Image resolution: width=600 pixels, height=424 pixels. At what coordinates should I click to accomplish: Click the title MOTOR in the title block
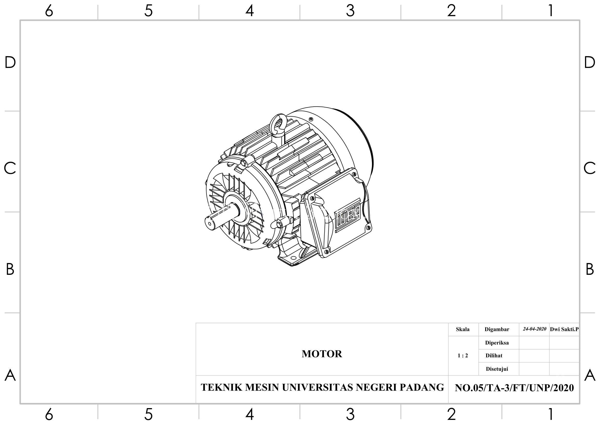[322, 354]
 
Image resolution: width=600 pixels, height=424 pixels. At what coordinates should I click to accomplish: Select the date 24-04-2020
[534, 329]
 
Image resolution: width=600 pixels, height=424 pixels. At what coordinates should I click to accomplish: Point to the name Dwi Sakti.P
[564, 329]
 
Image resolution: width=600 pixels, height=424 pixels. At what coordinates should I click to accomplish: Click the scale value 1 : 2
[463, 356]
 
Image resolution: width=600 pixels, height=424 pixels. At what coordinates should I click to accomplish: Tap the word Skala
[463, 329]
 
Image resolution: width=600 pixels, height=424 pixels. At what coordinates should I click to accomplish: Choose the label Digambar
[497, 329]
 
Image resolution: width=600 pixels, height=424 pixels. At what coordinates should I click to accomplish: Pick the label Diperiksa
[497, 343]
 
